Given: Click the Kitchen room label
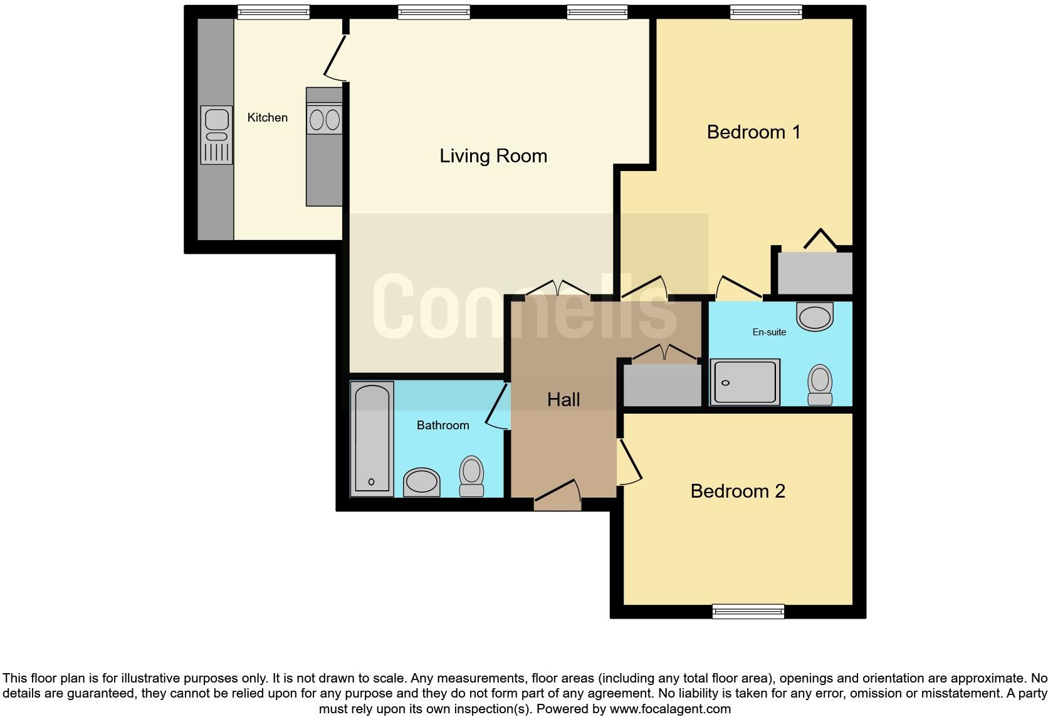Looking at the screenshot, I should point(267,117).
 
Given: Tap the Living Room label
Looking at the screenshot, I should point(493,155).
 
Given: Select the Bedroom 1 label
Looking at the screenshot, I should point(753,132).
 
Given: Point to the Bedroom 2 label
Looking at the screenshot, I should point(738,491).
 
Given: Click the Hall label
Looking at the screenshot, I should point(563,399).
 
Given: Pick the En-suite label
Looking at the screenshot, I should point(769,332).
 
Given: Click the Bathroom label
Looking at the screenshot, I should point(443,425).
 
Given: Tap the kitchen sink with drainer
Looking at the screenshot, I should point(216,135).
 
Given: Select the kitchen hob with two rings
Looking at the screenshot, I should point(324,119).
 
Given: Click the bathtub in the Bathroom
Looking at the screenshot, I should point(372,439).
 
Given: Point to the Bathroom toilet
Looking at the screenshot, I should point(471,476).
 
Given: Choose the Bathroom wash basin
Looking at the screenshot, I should point(421,481).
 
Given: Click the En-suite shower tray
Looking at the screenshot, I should point(745,382).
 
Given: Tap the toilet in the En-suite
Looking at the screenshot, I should point(820,385).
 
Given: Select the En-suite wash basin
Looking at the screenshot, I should point(815,316).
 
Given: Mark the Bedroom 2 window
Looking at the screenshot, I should point(748,611).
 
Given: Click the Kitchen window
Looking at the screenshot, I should point(273,12).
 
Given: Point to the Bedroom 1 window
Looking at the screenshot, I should point(766,12).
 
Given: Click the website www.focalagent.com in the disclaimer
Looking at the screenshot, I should point(669,709).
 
